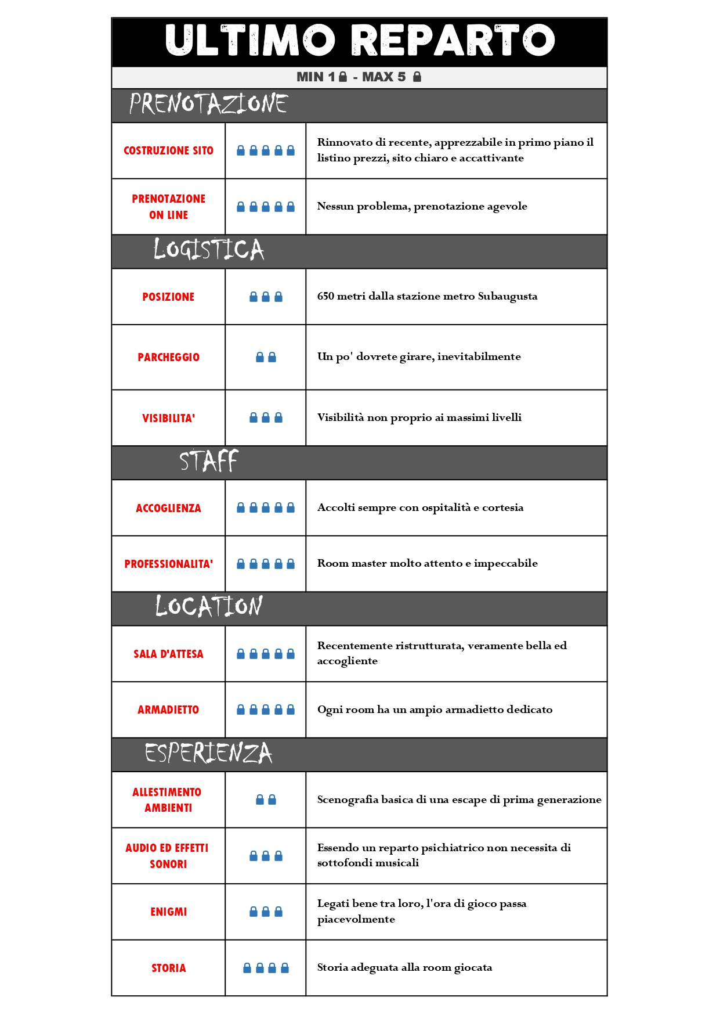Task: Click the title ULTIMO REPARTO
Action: [x=360, y=41]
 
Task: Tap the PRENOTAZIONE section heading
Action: [x=208, y=105]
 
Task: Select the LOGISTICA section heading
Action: [x=208, y=250]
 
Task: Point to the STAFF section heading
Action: [x=208, y=462]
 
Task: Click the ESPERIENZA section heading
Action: [x=208, y=753]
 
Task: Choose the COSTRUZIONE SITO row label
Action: [x=168, y=151]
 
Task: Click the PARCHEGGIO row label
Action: [x=168, y=358]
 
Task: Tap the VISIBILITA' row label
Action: [x=168, y=418]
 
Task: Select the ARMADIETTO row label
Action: [x=168, y=710]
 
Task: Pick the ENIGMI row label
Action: [x=168, y=912]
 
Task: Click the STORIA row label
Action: [x=168, y=968]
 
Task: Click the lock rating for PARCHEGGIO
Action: [x=266, y=358]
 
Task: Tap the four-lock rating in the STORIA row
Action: [x=266, y=968]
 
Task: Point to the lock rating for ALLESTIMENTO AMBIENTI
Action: [x=266, y=800]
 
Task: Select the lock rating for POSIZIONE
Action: [x=266, y=297]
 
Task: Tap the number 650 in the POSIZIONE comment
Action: [x=325, y=296]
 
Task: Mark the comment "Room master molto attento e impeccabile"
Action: [x=427, y=563]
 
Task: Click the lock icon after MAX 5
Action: [x=417, y=77]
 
